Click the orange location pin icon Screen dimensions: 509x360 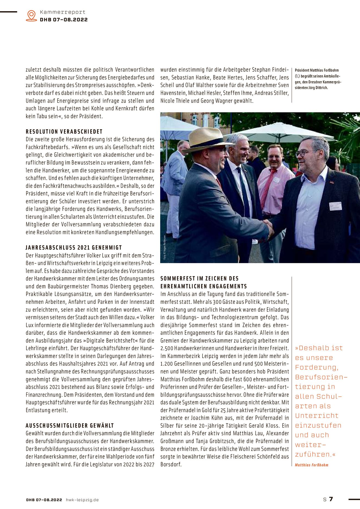pyautogui.click(x=31, y=15)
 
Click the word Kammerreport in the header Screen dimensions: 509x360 pyautogui.click(x=62, y=12)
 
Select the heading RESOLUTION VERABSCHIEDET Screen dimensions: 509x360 pyautogui.click(x=64, y=132)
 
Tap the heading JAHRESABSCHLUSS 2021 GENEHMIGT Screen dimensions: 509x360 pyautogui.click(x=74, y=248)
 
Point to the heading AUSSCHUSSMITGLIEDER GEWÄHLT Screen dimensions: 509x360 pyautogui.click(x=70, y=426)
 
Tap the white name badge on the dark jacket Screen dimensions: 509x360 pyautogui.click(x=335, y=206)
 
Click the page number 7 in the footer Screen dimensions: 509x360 pyautogui.click(x=331, y=499)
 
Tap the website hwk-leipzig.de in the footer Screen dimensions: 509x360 pyautogui.click(x=82, y=500)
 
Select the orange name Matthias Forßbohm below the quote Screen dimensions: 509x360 pyautogui.click(x=311, y=465)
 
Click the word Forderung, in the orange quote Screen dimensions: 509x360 pyautogui.click(x=317, y=367)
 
